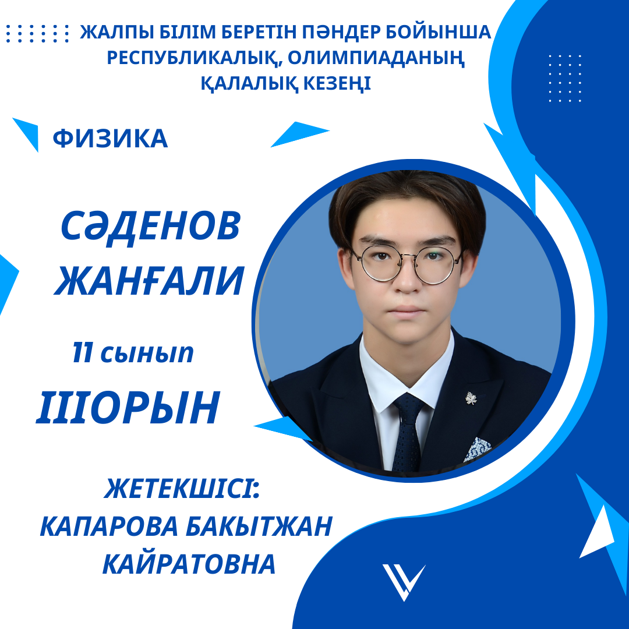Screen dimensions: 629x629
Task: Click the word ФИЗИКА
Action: click(x=110, y=139)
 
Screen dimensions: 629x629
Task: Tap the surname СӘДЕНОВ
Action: click(x=151, y=225)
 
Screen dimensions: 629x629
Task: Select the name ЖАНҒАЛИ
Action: click(x=149, y=281)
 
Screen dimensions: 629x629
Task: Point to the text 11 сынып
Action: click(x=133, y=353)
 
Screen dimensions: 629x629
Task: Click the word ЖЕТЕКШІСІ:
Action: click(x=182, y=489)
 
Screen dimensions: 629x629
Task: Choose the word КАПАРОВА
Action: click(x=109, y=526)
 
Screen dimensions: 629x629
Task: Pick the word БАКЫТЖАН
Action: click(x=259, y=526)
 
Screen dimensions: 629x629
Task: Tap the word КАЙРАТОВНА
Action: click(x=189, y=564)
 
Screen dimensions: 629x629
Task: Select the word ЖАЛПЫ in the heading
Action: click(x=117, y=33)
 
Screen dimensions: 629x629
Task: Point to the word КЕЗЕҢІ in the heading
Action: click(x=337, y=83)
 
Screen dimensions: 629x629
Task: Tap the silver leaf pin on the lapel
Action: click(x=471, y=398)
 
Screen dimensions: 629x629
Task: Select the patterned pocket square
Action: click(x=478, y=448)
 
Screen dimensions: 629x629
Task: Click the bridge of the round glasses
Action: click(x=408, y=256)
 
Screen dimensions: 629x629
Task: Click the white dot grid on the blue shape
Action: click(x=565, y=78)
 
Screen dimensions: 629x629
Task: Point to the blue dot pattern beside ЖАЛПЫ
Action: click(x=37, y=33)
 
